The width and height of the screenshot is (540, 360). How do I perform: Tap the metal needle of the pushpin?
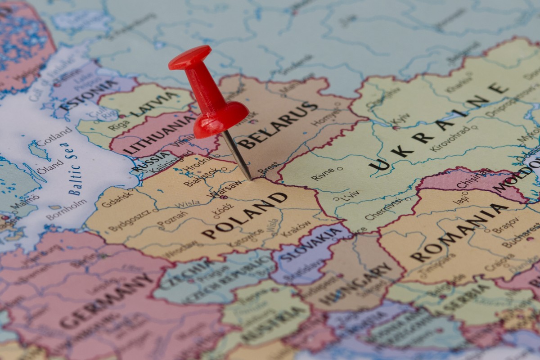coord(237,155)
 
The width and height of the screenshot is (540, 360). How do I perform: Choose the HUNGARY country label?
coord(355,284)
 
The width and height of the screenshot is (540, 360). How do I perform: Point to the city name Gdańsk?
coord(118,198)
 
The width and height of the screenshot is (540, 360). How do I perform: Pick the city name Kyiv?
coord(401,119)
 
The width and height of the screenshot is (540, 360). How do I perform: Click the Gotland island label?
coord(54,137)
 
